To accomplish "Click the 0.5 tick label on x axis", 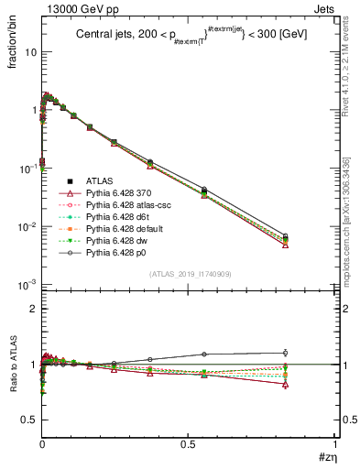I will point(188,444).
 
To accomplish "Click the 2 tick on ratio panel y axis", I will point(32,309).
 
